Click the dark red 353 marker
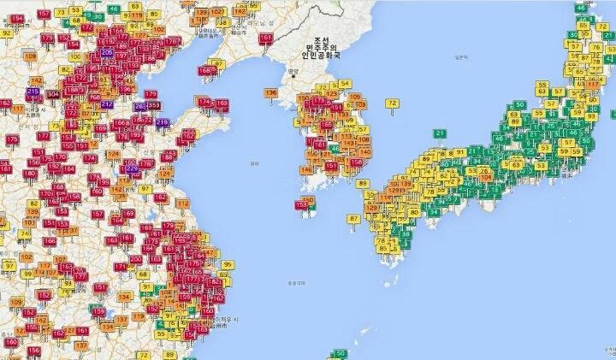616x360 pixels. (154, 105)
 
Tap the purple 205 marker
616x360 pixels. (106, 53)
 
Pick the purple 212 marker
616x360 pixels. (107, 104)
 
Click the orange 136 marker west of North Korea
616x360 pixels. (271, 92)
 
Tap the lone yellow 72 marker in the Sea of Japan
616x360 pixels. (392, 103)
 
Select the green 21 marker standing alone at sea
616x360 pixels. (440, 133)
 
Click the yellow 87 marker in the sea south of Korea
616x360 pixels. (354, 219)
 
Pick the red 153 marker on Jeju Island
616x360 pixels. (301, 204)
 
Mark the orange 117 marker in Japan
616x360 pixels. (592, 83)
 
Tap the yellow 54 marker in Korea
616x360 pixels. (345, 83)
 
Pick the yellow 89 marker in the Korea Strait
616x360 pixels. (363, 183)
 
